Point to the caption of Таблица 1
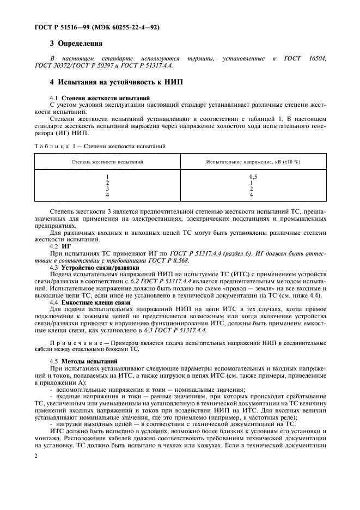pyautogui.click(x=100, y=146)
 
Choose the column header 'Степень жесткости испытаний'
pyautogui.click(x=108, y=162)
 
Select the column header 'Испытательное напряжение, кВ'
pyautogui.click(x=253, y=162)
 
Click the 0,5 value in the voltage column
pyautogui.click(x=253, y=177)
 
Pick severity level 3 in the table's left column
pyautogui.click(x=107, y=189)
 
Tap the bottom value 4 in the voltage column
pyautogui.click(x=251, y=195)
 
